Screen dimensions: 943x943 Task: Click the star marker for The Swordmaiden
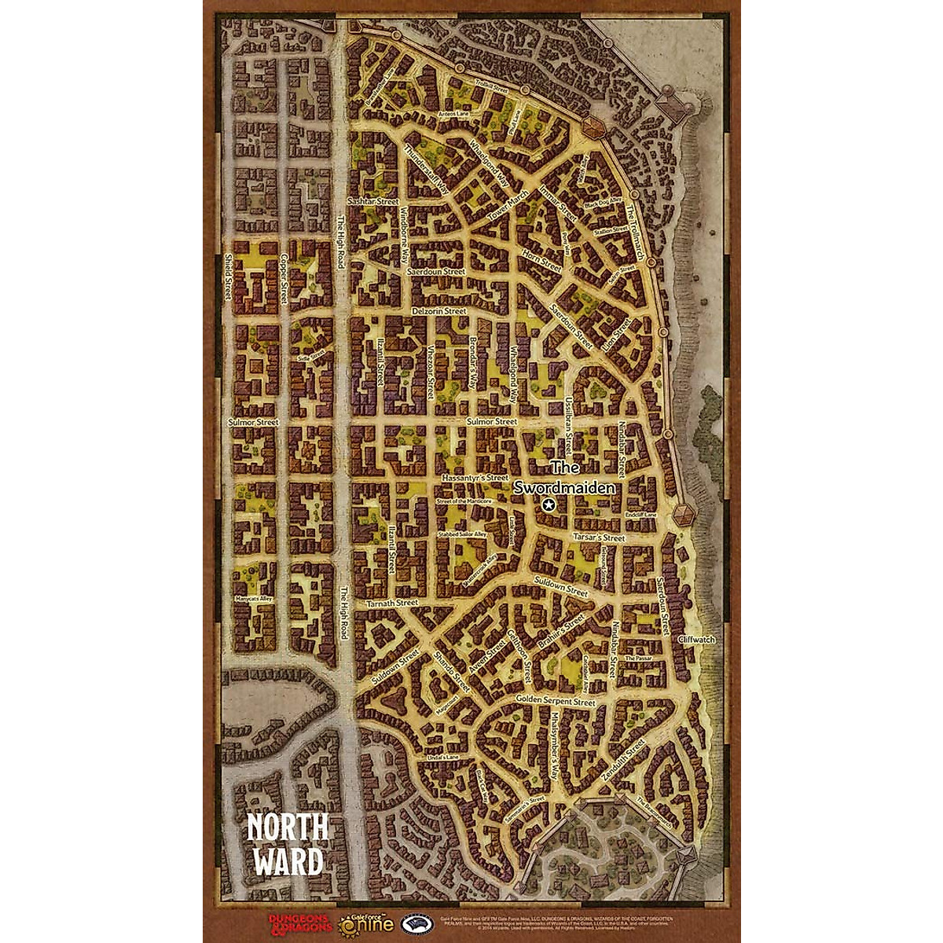[549, 505]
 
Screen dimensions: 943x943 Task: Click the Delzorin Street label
[439, 311]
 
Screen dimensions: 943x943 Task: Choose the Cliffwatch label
[695, 640]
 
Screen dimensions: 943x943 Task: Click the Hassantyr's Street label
[475, 477]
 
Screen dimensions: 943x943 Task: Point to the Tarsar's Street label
[598, 538]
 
